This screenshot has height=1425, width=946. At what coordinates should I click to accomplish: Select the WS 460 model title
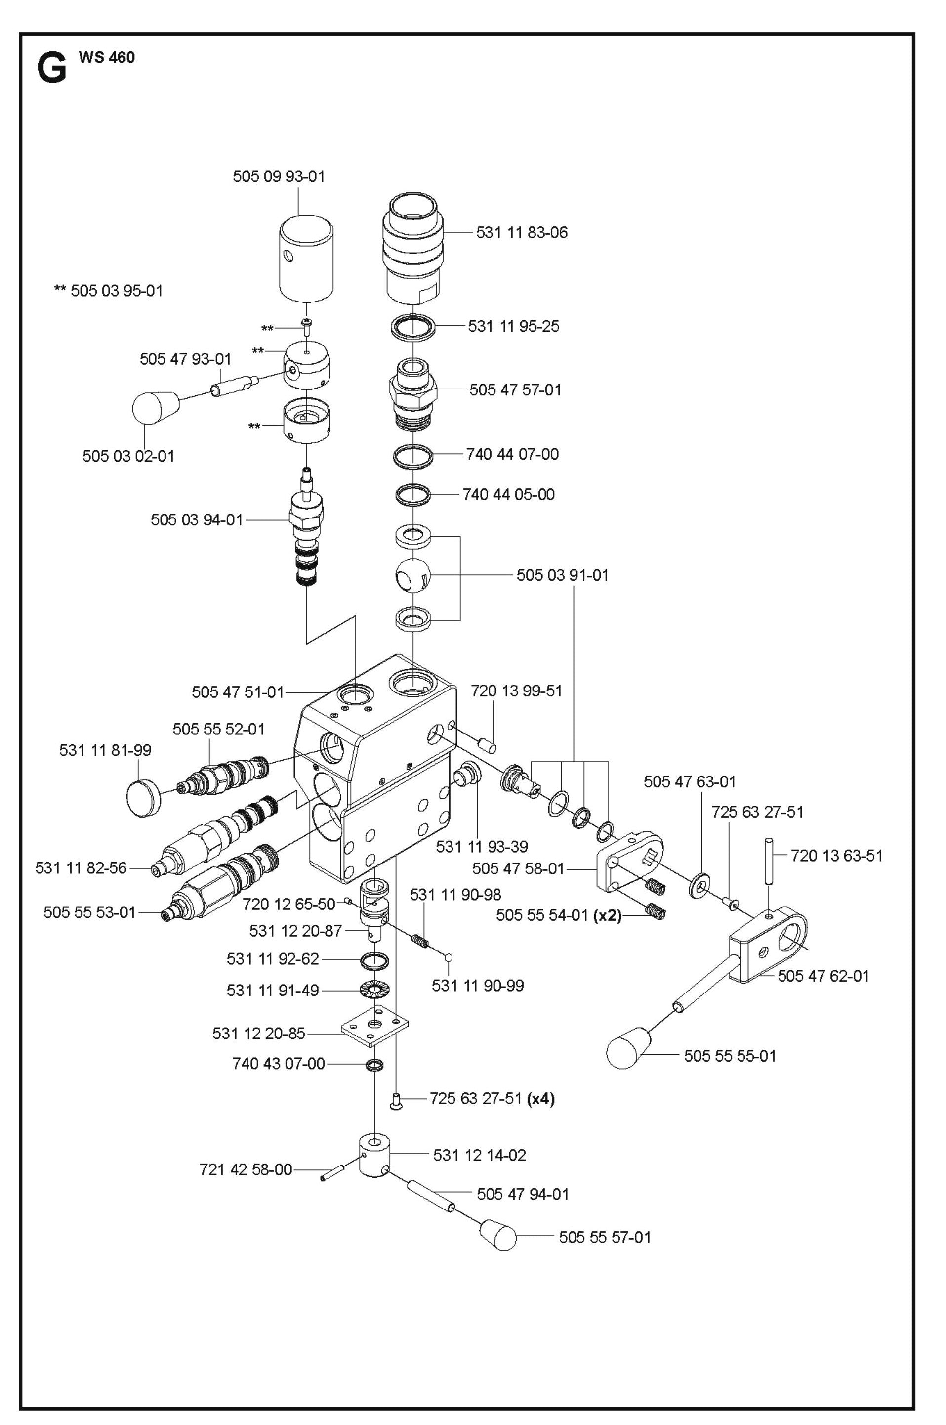point(106,58)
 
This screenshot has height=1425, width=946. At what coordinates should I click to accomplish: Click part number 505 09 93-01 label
point(279,176)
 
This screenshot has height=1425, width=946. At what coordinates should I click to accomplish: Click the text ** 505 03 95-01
point(109,291)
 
